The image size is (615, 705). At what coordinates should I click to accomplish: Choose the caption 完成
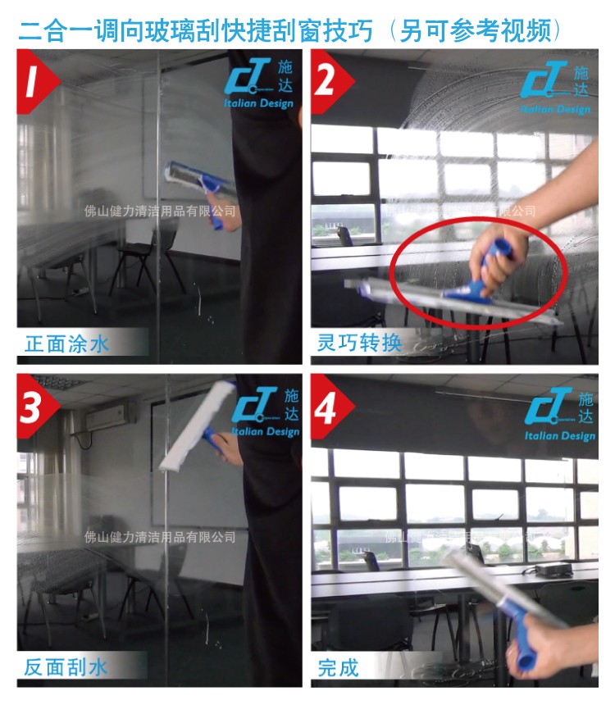(x=339, y=666)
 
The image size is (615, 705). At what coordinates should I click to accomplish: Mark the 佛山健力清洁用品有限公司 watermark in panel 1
(x=160, y=211)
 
